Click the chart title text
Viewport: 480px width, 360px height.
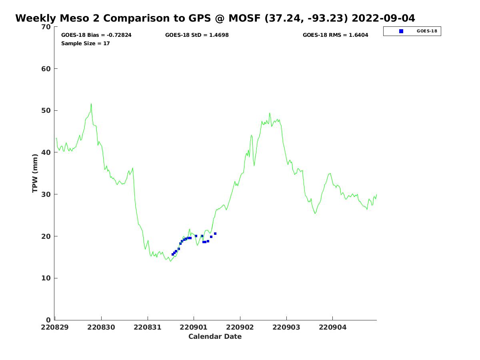coord(215,18)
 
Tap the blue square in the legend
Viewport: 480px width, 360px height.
coord(401,31)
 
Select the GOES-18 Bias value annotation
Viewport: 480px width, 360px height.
coord(96,35)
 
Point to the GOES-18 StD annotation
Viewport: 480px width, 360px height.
coord(197,35)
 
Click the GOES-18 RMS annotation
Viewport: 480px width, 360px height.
coord(335,35)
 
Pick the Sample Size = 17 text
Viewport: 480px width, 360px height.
coord(85,43)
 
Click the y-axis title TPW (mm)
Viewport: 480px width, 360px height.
coord(35,173)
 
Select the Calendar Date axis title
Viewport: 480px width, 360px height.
coord(215,336)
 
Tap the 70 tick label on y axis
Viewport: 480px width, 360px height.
coord(46,27)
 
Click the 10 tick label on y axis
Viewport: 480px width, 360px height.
coord(46,278)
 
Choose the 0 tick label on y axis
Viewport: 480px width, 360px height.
coord(48,320)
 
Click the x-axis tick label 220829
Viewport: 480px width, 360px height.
coord(55,327)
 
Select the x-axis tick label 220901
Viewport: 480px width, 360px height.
coord(194,327)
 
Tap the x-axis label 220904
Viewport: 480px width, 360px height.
coord(333,327)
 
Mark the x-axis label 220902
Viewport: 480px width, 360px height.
coord(240,327)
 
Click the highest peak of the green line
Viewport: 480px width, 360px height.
coord(91,104)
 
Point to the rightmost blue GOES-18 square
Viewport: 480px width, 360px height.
coord(215,234)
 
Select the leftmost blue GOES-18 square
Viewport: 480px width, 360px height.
coord(173,254)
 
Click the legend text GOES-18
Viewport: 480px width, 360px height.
coord(427,31)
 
